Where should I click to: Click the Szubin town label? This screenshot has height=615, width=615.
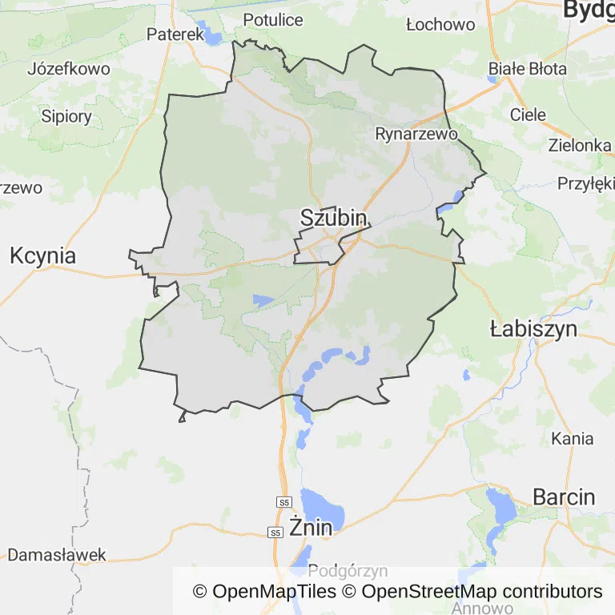point(334,218)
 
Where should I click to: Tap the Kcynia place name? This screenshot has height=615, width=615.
point(43,256)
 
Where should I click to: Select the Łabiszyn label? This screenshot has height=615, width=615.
point(533,328)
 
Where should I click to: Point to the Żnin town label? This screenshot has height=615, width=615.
point(312,528)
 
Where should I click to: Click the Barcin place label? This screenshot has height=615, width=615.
point(564,496)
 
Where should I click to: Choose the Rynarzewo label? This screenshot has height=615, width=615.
point(416,134)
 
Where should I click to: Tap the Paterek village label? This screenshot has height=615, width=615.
point(175,34)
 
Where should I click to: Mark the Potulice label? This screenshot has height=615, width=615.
point(273,19)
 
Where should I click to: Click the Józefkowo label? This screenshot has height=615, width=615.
point(69,69)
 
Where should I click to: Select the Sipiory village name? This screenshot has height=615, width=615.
point(66,116)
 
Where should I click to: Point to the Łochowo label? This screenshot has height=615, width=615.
point(440,25)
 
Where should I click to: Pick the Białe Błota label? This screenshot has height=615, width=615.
point(528,69)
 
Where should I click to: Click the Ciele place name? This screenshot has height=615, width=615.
point(528,115)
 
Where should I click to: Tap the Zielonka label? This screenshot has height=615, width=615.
point(580,146)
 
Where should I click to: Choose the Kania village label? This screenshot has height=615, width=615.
point(573,438)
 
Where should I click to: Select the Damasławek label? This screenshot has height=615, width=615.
point(57,555)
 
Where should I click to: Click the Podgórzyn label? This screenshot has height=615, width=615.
point(348,571)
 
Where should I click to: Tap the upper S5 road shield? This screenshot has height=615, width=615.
point(283,502)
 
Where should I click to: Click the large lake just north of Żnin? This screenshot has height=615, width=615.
point(322,506)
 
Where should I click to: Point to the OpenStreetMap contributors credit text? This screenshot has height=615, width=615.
point(482,592)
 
